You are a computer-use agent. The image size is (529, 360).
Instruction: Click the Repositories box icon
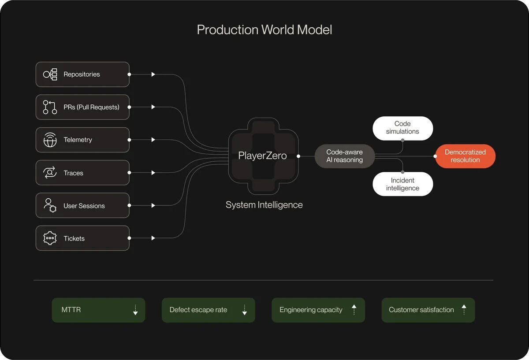[x=50, y=74]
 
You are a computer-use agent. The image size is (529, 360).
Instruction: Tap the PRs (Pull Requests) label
[x=91, y=107]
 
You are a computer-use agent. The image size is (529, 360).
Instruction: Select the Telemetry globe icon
[x=50, y=140]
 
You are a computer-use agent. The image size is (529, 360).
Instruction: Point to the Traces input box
[x=82, y=173]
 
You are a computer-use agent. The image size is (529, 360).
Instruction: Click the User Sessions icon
[x=50, y=205]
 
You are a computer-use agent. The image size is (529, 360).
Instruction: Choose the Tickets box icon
[x=50, y=238]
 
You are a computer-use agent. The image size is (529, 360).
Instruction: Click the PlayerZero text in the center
[x=262, y=156]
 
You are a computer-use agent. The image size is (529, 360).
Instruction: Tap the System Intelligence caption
[x=264, y=205]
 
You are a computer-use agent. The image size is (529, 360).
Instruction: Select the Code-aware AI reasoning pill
[x=345, y=156]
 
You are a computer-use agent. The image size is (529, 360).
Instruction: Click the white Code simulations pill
[x=402, y=128]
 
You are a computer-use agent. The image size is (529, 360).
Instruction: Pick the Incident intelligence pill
[x=402, y=184]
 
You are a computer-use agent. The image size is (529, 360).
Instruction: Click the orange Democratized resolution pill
[x=465, y=156]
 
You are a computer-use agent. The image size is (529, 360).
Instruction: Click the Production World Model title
[x=264, y=30]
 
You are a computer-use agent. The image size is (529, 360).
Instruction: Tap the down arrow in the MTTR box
[x=135, y=310]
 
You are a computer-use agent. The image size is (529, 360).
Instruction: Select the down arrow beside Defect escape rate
[x=245, y=310]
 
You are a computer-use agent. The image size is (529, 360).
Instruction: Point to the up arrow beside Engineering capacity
[x=354, y=310]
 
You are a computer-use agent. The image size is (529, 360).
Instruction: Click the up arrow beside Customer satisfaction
[x=464, y=310]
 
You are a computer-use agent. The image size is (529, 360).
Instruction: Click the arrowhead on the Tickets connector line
[x=153, y=238]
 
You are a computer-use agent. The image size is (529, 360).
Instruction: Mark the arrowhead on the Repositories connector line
[x=153, y=74]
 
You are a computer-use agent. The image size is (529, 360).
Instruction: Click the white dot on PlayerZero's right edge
[x=299, y=156]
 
